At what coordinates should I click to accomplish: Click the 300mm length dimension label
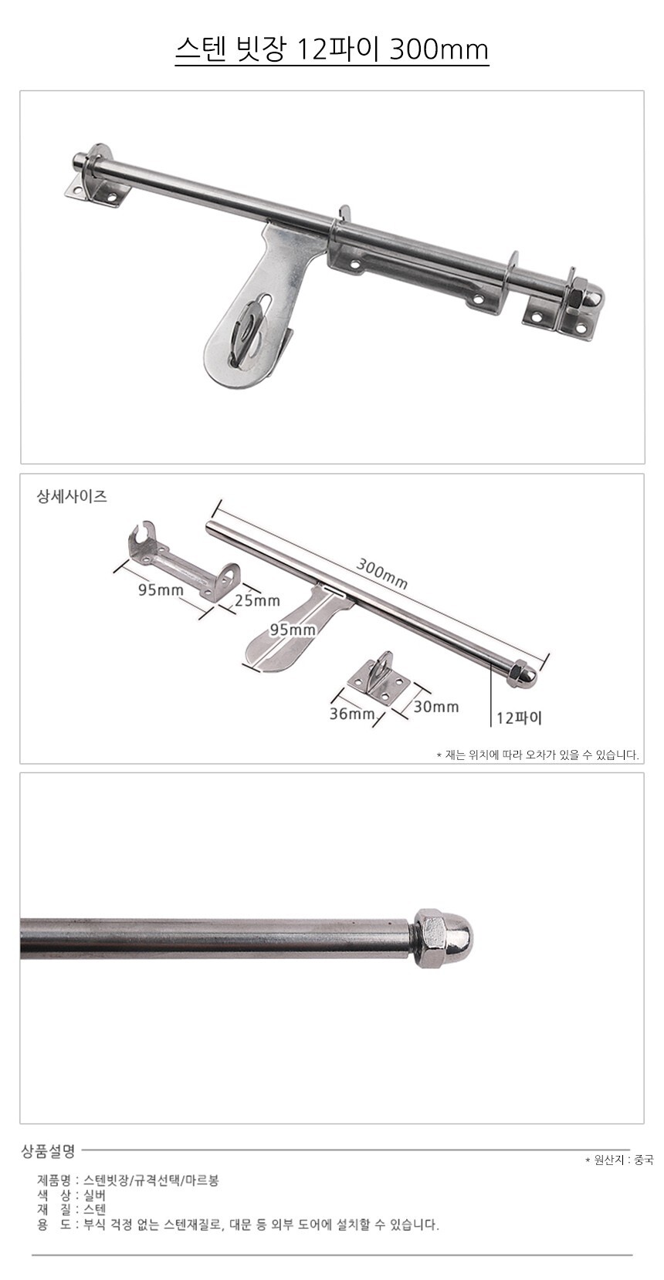click(x=382, y=572)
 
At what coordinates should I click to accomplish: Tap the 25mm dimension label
click(x=257, y=600)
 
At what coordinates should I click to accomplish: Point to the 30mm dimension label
click(x=435, y=707)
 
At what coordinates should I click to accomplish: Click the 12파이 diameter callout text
click(x=518, y=718)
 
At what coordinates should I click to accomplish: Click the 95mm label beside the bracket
click(x=161, y=589)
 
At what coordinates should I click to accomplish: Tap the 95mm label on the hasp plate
click(x=293, y=630)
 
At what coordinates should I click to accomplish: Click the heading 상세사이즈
click(x=72, y=497)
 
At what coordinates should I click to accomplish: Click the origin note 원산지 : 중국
click(x=618, y=1160)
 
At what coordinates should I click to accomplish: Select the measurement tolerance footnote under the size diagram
click(x=537, y=755)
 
